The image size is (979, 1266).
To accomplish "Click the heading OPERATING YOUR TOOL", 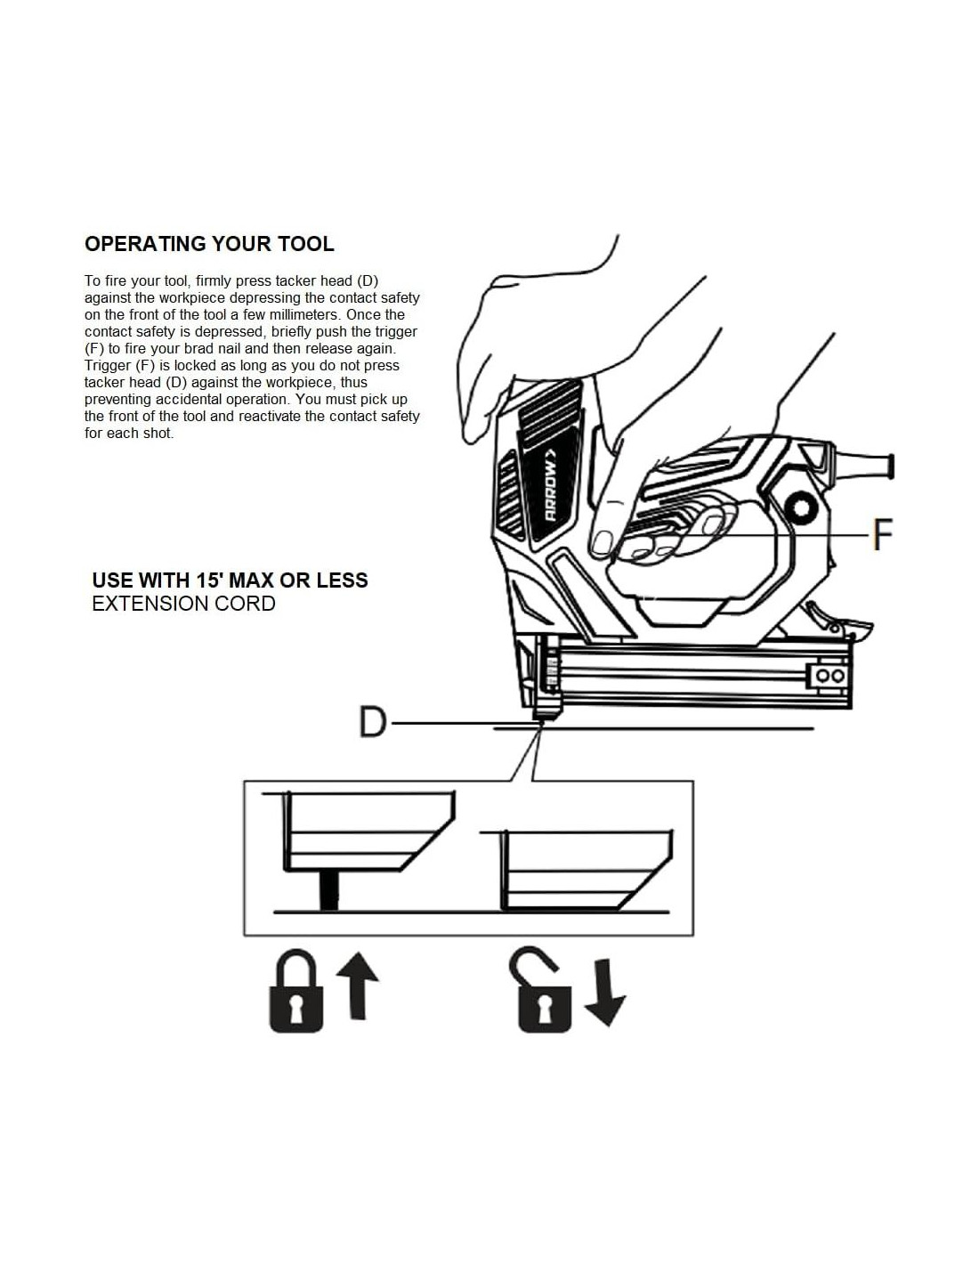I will pos(209,244).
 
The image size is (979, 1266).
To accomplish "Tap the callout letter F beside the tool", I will pos(881,534).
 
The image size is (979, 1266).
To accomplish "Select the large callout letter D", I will pos(373,722).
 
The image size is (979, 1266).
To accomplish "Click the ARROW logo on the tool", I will pos(551,491).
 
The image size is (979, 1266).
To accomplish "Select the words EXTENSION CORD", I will pos(184,604).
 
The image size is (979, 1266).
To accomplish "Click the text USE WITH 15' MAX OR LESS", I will pos(230,580).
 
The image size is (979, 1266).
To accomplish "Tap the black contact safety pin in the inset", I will pos(329,890).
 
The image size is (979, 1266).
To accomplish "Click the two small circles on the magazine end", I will pos(829,676).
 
